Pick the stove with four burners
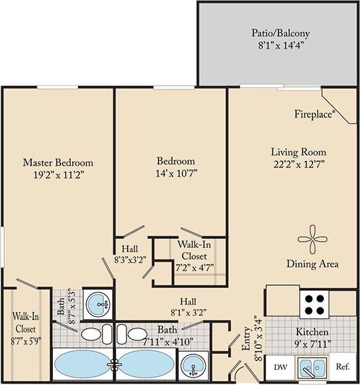tap(313, 304)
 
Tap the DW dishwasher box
tap(280, 367)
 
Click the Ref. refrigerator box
tap(343, 367)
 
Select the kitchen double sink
tap(312, 368)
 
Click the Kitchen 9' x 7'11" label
tap(312, 337)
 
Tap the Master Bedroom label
tap(58, 168)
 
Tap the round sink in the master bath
tap(99, 302)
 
